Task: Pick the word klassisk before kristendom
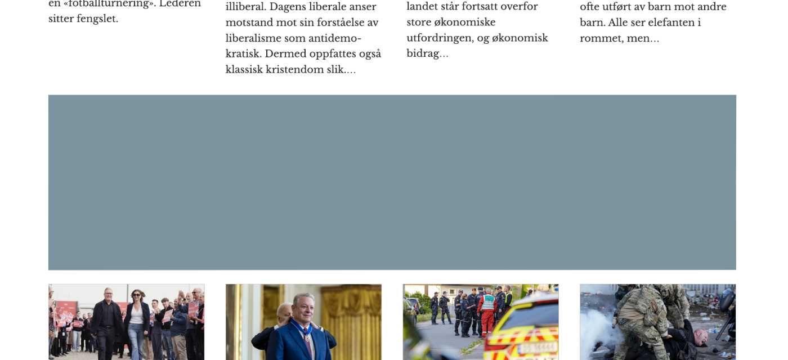tap(246, 70)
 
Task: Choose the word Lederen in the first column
tap(180, 3)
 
